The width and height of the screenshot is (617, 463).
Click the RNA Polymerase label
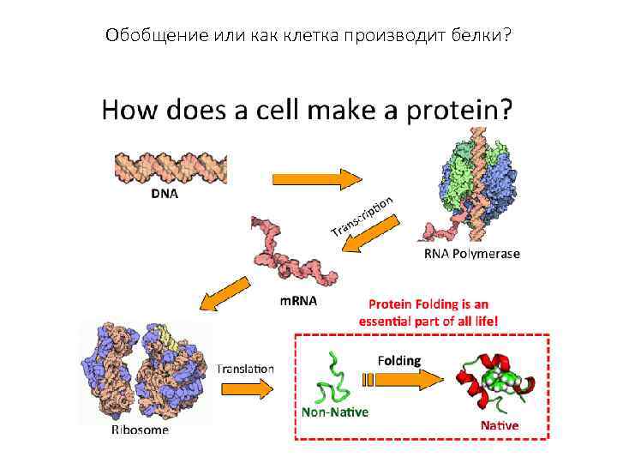(x=472, y=254)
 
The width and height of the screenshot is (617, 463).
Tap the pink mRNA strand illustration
(x=291, y=253)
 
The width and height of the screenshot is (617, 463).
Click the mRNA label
(x=299, y=301)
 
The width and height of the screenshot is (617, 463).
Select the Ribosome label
(x=140, y=430)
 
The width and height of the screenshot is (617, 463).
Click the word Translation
(x=245, y=369)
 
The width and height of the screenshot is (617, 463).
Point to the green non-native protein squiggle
(x=332, y=378)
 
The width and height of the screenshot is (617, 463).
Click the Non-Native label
(x=334, y=412)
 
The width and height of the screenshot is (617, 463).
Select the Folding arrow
(x=401, y=380)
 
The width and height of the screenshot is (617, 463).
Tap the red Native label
(x=499, y=425)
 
